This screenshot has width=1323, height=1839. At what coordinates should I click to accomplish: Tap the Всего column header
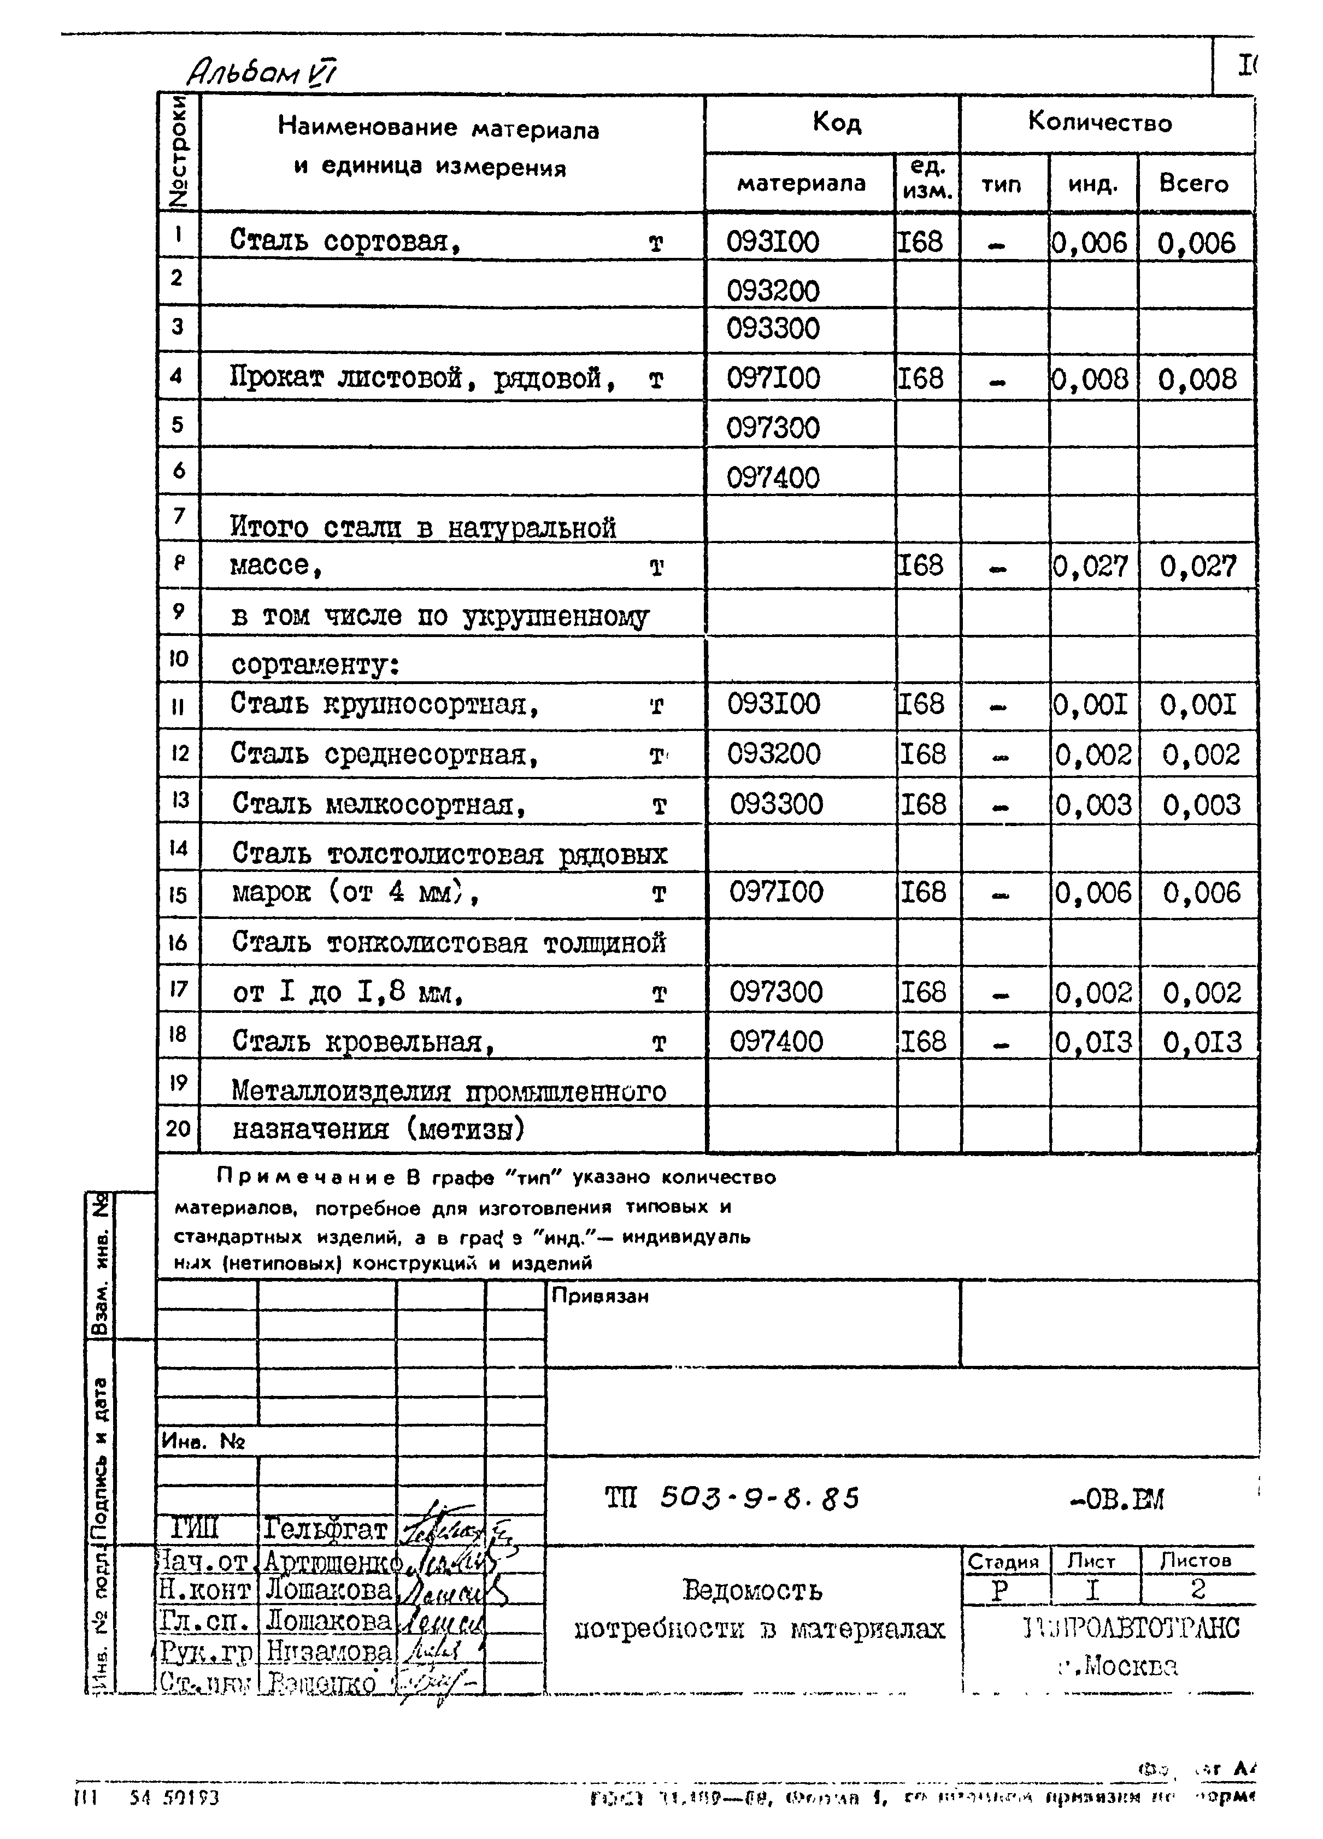click(1193, 184)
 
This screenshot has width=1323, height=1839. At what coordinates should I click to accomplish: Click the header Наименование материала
click(438, 128)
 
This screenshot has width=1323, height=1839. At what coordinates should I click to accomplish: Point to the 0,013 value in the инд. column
click(1092, 1042)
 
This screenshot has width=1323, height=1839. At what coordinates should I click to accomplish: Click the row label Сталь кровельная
click(363, 1041)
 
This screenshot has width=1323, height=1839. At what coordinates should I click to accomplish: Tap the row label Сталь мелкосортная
click(379, 804)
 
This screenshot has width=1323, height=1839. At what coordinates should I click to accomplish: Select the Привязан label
click(599, 1296)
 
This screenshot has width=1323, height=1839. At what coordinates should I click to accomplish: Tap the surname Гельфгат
click(325, 1529)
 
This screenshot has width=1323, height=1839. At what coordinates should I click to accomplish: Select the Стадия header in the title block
click(1003, 1561)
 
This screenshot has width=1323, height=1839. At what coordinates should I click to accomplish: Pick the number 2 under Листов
click(1198, 1589)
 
